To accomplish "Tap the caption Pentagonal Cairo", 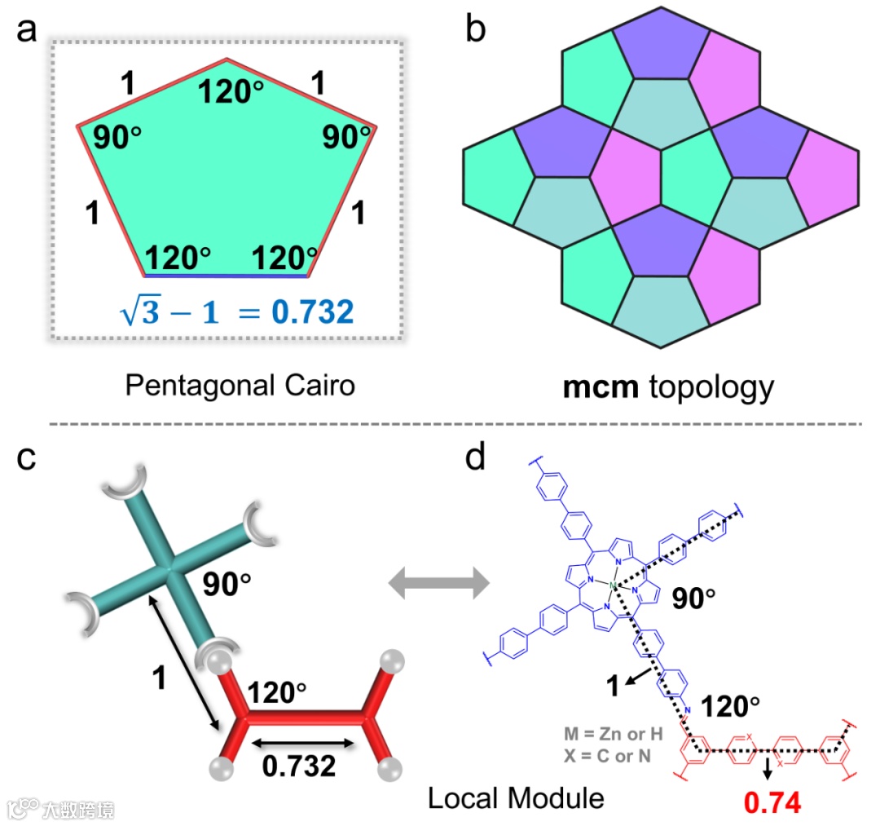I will click(240, 384).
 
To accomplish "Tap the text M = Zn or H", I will click(613, 733).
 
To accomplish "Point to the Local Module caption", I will click(516, 797).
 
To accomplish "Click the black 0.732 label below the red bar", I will click(298, 766).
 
